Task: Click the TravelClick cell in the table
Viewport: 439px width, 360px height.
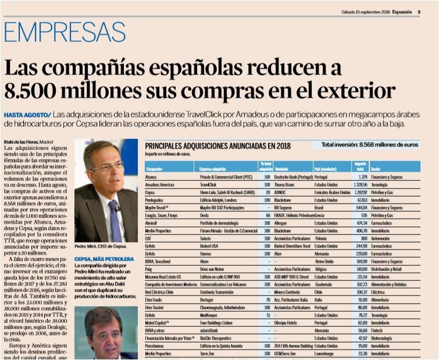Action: [212, 183]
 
